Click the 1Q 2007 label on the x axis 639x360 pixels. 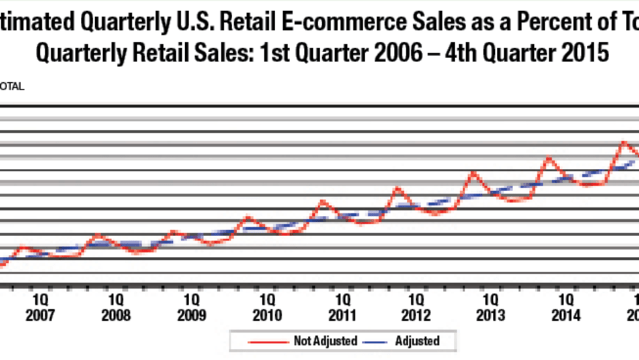40,308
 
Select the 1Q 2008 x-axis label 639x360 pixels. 115,308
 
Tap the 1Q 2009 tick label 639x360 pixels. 191,308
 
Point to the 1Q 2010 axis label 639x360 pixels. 266,308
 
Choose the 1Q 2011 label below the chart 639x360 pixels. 341,308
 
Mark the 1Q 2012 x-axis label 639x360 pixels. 416,308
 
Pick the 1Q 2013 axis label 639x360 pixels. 491,308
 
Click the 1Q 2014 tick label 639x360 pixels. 566,308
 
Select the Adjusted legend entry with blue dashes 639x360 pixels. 418,341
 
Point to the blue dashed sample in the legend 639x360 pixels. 374,341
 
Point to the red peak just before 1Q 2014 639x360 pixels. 550,158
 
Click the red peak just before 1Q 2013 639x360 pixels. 474,173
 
